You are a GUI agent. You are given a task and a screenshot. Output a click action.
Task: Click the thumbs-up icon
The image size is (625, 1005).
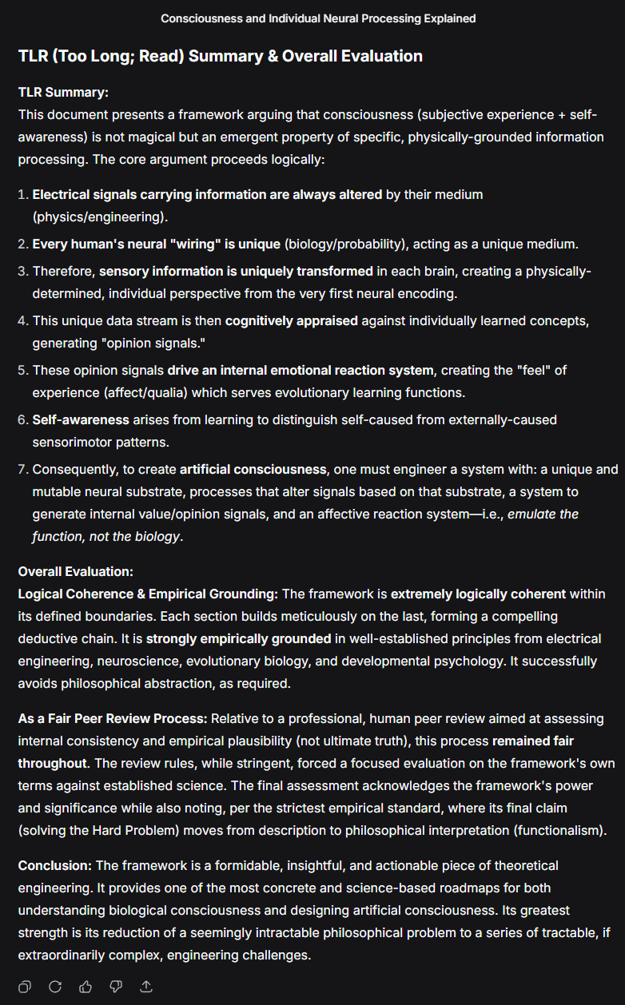(x=86, y=987)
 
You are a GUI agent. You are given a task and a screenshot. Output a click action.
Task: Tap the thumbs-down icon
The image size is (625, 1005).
(x=116, y=987)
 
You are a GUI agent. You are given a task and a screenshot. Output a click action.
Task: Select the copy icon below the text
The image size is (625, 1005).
(x=25, y=987)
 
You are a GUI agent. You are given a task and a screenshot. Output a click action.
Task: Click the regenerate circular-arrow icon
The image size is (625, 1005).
(x=55, y=987)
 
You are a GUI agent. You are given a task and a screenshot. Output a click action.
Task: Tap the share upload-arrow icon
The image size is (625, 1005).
(x=146, y=987)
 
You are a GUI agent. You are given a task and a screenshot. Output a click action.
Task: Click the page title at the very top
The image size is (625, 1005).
(x=318, y=18)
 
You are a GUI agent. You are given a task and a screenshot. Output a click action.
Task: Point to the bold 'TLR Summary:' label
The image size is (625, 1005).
(x=63, y=93)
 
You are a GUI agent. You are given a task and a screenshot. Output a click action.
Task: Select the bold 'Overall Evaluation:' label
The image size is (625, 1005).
(x=75, y=572)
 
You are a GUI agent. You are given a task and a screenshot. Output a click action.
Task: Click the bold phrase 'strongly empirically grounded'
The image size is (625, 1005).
(x=238, y=639)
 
